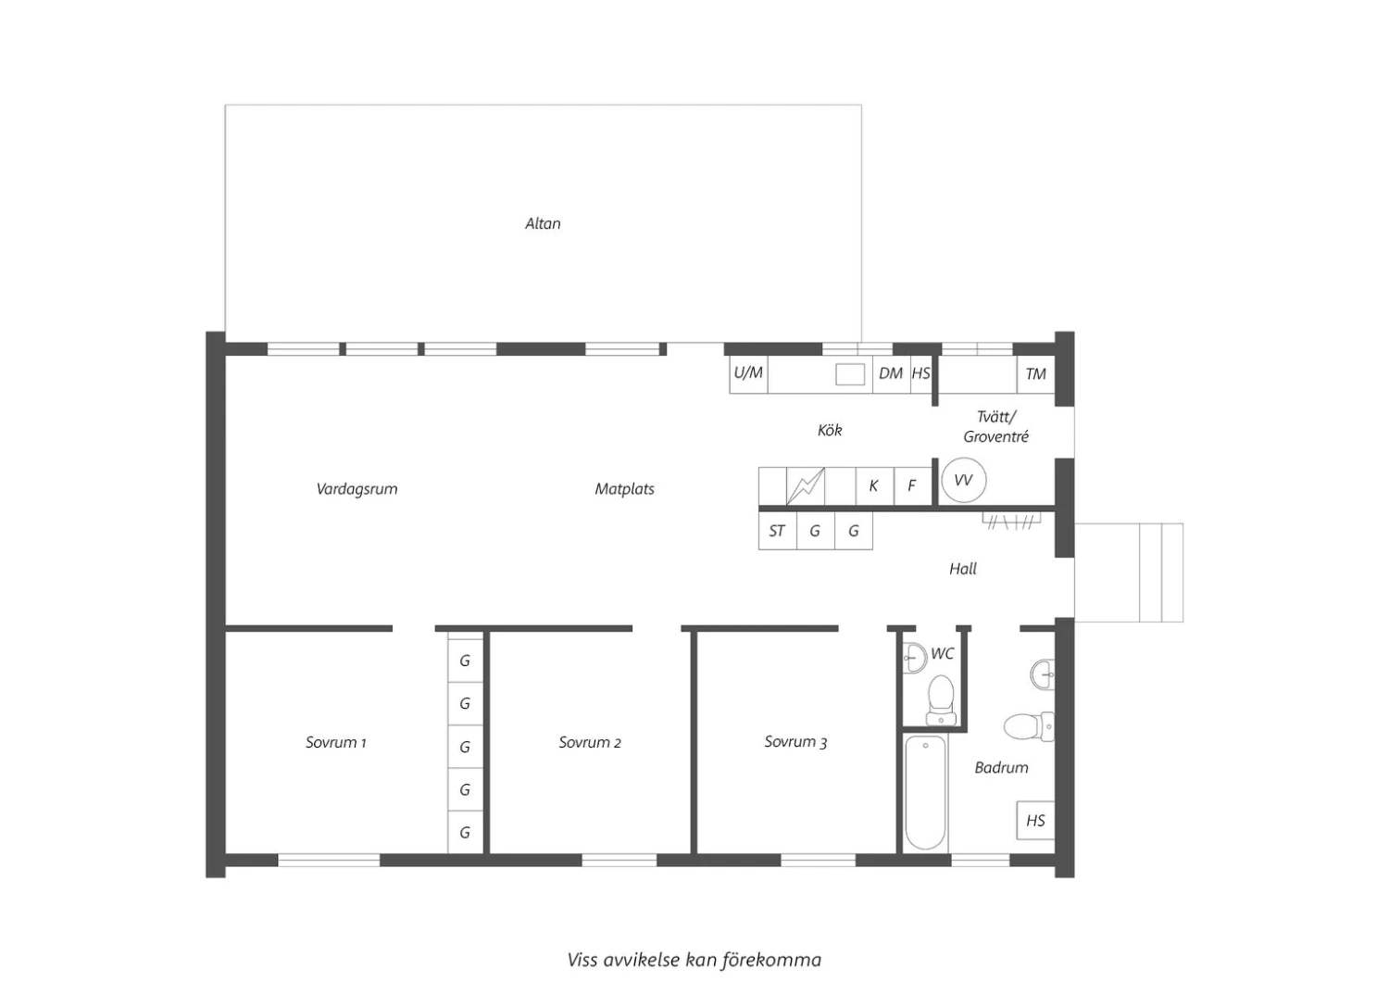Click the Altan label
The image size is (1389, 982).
(x=543, y=223)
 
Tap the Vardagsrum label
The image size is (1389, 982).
(x=357, y=489)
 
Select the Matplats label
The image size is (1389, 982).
(x=624, y=489)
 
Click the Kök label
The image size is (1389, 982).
(x=830, y=430)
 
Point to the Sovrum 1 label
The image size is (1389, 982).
(x=335, y=743)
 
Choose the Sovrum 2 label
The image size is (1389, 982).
(x=590, y=743)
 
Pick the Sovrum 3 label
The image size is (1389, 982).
(x=795, y=742)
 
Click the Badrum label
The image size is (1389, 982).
(x=1001, y=768)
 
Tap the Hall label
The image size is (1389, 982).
(x=963, y=569)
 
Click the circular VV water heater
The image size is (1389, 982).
(x=964, y=481)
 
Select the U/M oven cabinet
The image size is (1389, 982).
(x=748, y=374)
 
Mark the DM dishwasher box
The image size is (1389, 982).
(x=891, y=374)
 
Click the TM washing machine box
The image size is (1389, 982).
(x=1035, y=374)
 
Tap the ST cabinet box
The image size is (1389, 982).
(x=778, y=531)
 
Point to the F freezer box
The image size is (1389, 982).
(x=912, y=485)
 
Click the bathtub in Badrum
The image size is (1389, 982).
(x=925, y=792)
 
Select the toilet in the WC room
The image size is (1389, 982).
(x=941, y=700)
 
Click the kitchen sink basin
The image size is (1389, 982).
(x=849, y=374)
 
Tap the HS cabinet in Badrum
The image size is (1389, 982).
(x=1035, y=821)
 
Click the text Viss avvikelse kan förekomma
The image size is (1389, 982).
(x=694, y=961)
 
